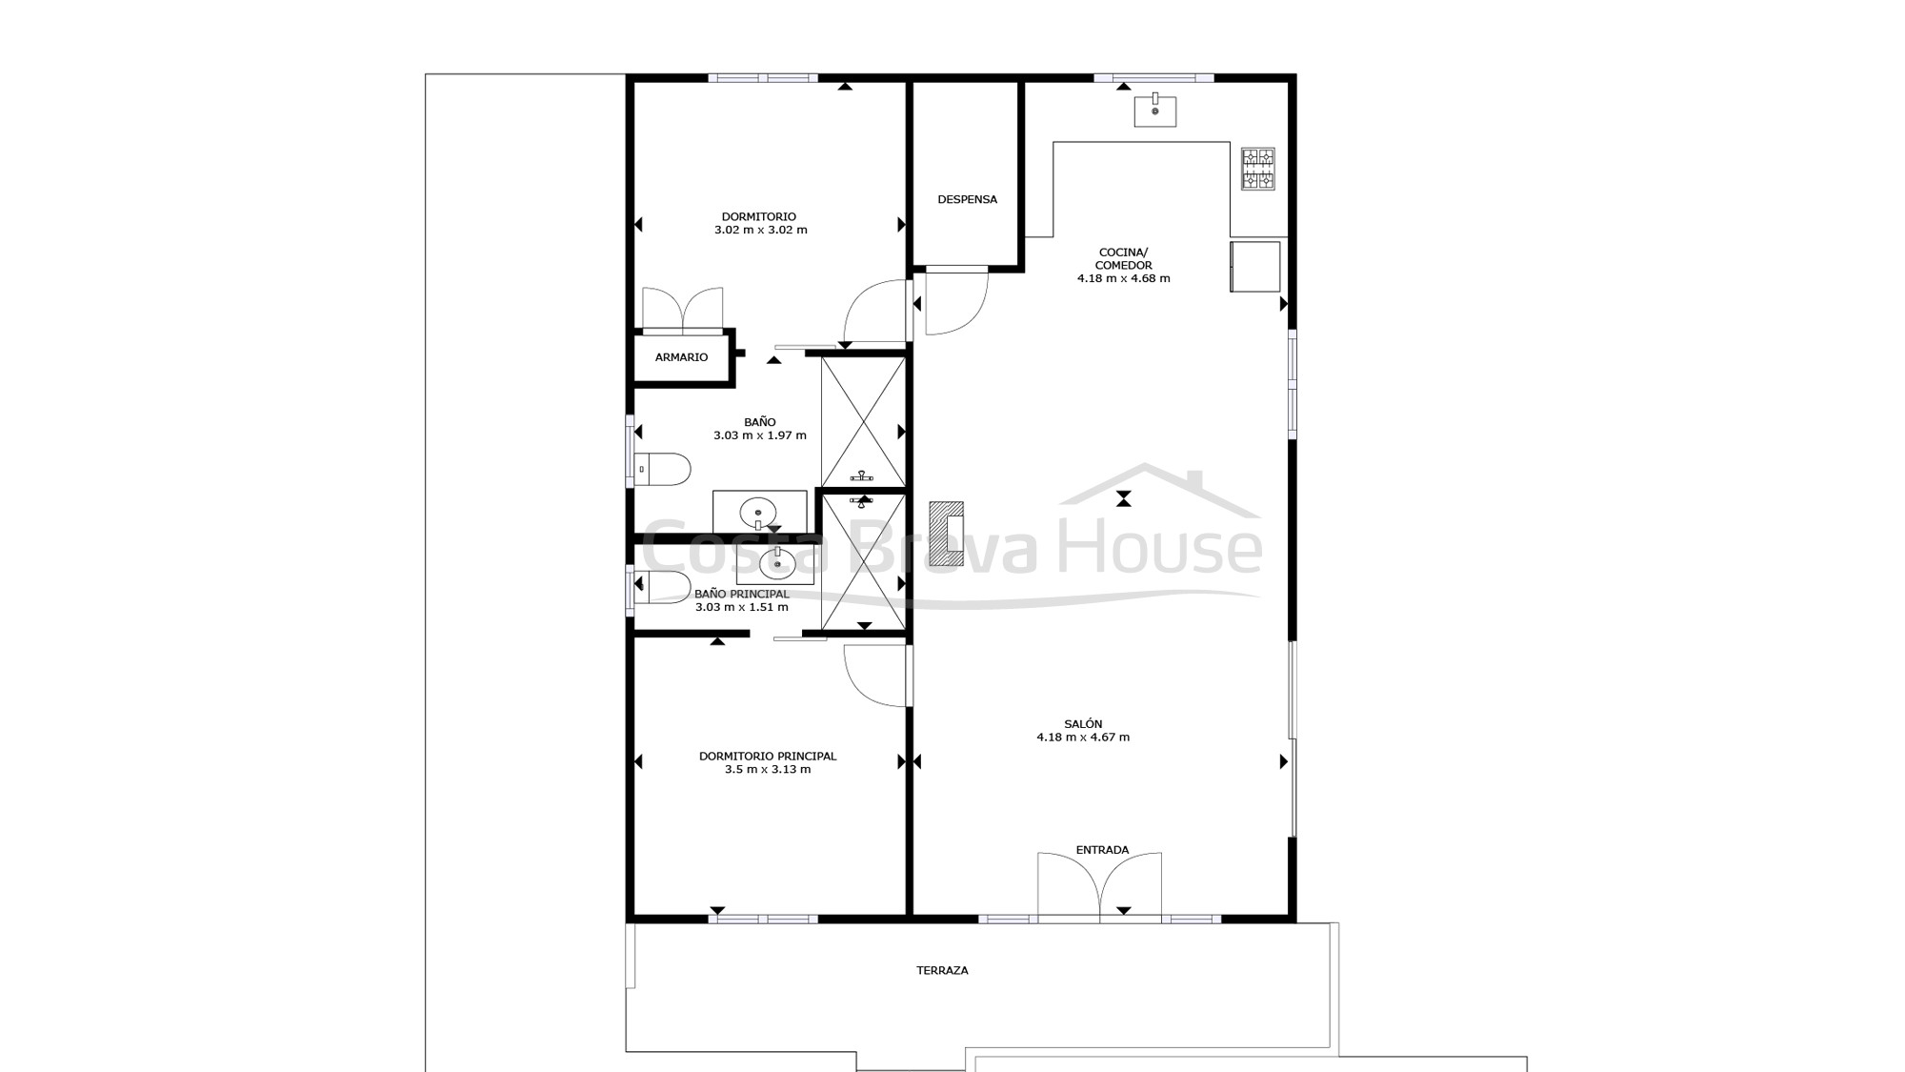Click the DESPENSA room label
(x=967, y=199)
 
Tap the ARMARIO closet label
(x=681, y=357)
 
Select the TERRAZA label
(x=942, y=970)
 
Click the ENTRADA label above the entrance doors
(x=1102, y=850)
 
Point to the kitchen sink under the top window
(x=1154, y=111)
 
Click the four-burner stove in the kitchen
(x=1257, y=169)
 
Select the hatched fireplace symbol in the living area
(x=947, y=531)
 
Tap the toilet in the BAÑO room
(x=663, y=469)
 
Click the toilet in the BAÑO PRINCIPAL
(x=663, y=587)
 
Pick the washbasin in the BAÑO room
(x=759, y=513)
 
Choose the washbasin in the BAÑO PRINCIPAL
(x=777, y=564)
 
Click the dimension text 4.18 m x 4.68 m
(x=1123, y=278)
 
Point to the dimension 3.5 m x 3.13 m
(x=768, y=769)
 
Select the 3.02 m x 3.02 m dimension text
(x=761, y=230)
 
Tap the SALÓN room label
(x=1083, y=724)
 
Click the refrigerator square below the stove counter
(x=1255, y=267)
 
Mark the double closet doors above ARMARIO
(x=682, y=309)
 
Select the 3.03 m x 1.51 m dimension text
(x=742, y=607)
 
